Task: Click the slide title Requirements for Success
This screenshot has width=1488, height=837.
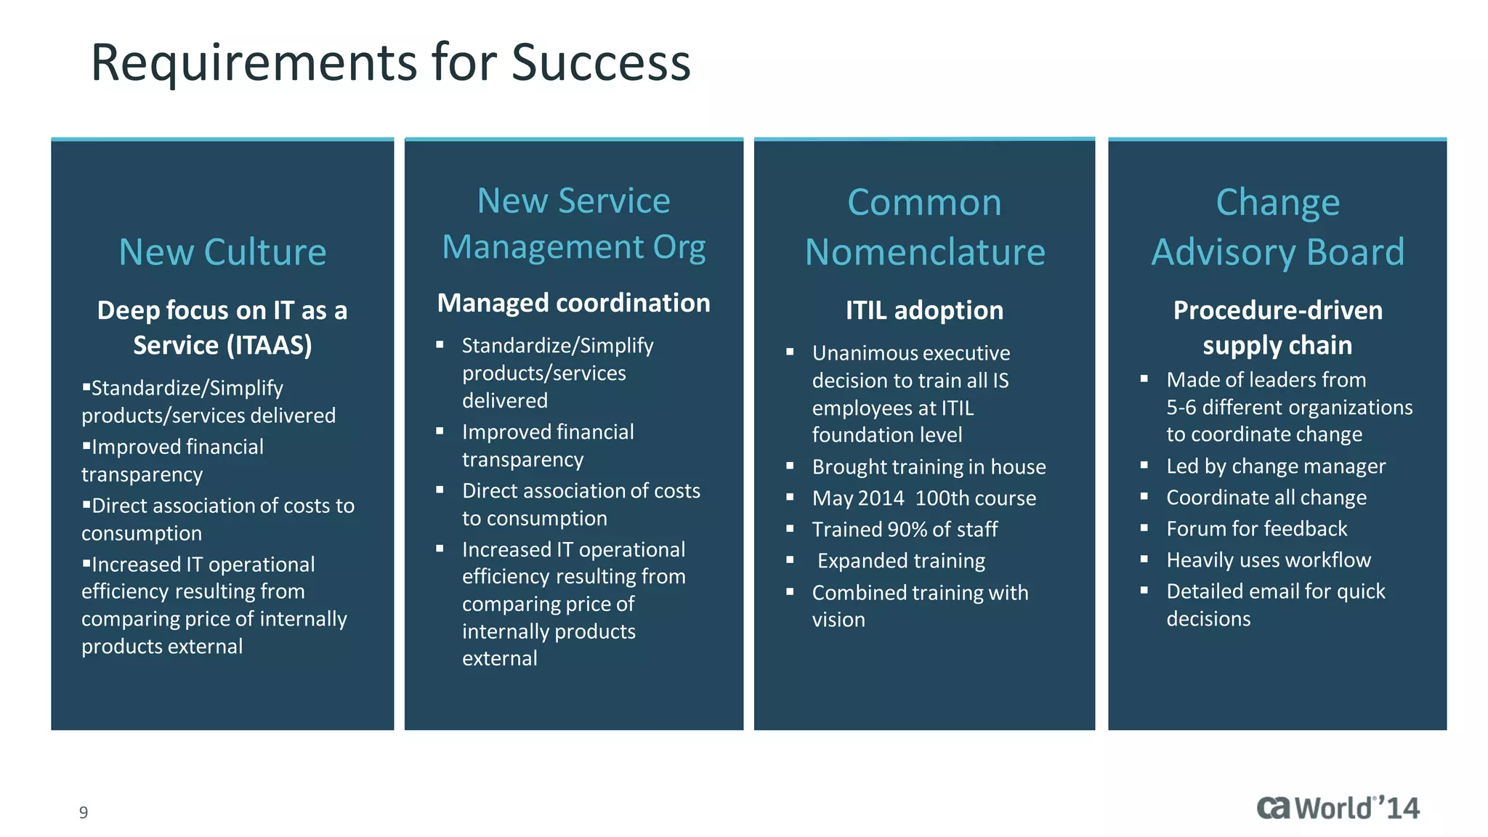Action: click(390, 62)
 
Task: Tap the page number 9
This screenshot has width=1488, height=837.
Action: click(84, 812)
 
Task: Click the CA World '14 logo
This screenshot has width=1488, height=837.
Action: click(1338, 808)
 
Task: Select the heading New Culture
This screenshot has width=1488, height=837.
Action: click(222, 252)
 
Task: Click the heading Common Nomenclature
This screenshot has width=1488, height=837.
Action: click(924, 227)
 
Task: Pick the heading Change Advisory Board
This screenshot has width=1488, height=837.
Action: click(1277, 227)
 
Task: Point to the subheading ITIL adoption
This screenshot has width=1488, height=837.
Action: click(924, 310)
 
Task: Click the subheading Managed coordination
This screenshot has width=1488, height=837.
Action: click(573, 303)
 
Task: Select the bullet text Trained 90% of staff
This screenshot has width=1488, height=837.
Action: click(905, 530)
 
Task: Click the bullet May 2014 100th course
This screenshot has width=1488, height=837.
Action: click(923, 498)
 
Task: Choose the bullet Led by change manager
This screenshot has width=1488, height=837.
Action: click(1275, 466)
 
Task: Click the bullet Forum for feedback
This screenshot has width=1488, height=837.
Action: click(1256, 529)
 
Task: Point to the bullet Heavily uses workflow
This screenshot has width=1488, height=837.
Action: click(1268, 560)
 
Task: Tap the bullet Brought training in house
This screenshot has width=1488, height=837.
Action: click(929, 467)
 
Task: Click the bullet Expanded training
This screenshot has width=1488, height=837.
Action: click(901, 561)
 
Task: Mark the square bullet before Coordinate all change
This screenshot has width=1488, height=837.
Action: click(1144, 497)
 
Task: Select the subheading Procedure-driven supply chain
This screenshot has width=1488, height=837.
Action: click(1277, 328)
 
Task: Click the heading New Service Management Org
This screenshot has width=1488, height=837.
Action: click(573, 224)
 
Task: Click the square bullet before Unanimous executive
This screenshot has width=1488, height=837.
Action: click(790, 352)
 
